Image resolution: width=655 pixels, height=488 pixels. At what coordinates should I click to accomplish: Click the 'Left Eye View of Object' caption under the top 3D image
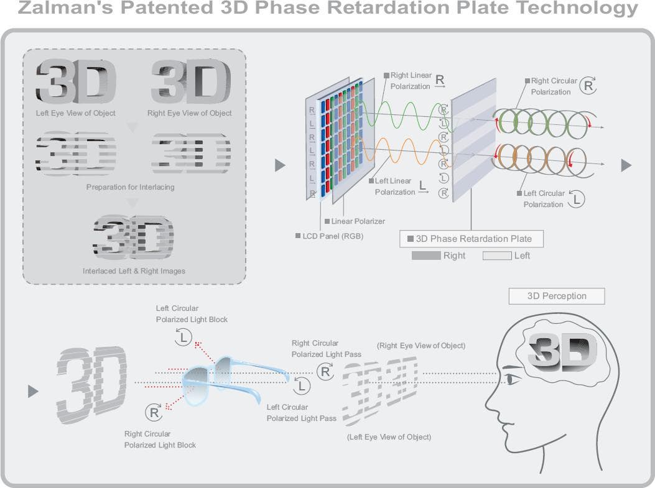[76, 113]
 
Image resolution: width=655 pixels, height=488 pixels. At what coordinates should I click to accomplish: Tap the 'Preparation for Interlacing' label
[131, 187]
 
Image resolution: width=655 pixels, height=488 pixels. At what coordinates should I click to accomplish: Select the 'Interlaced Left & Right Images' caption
[134, 271]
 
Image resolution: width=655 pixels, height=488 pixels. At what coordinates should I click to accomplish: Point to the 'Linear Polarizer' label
[358, 221]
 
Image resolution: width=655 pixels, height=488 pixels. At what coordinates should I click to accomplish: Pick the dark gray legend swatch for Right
[425, 256]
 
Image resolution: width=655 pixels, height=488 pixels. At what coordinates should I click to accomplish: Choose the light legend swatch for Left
[497, 256]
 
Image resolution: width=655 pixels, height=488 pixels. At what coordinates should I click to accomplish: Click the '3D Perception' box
[556, 296]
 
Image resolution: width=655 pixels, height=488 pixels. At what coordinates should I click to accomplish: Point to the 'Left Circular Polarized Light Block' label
[192, 314]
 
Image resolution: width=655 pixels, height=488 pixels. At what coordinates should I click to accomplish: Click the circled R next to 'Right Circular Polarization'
[588, 86]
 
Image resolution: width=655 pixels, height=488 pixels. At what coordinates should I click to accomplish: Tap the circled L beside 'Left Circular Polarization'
[577, 199]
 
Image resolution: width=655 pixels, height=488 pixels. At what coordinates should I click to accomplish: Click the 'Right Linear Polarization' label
[411, 81]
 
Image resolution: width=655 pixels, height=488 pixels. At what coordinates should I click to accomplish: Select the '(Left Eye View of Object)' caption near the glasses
[389, 437]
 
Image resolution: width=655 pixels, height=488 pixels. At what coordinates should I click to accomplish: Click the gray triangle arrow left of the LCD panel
[280, 165]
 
